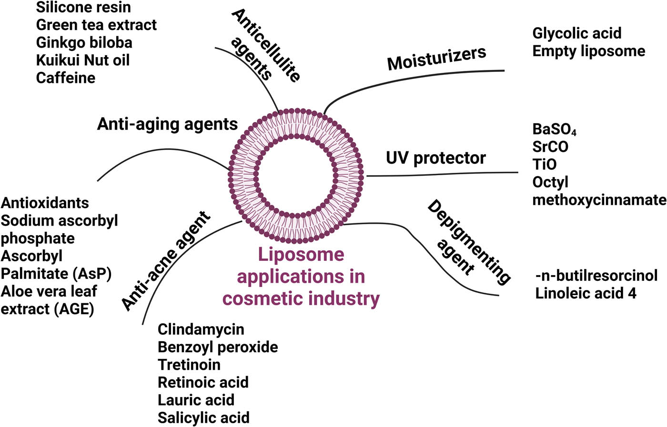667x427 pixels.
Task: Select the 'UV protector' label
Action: pos(435,158)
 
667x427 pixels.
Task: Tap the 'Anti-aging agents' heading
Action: pos(167,124)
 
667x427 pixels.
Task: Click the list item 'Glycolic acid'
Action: pos(576,33)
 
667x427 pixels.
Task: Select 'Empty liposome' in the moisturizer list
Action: pos(588,51)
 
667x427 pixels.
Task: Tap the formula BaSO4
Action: pos(554,129)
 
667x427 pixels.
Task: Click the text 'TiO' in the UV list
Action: pos(544,164)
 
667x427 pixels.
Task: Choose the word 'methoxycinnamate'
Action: pos(599,200)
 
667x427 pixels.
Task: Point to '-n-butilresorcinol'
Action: pos(596,276)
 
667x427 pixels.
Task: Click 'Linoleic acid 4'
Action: pos(586,293)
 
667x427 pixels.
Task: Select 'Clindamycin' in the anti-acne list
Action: pos(201,329)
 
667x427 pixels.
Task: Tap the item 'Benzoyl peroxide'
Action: pos(218,347)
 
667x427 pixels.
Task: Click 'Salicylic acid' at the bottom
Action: pos(203,418)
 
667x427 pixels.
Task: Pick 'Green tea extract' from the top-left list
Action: pos(96,25)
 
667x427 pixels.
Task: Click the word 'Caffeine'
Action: pos(66,78)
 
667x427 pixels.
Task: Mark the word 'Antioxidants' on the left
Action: pos(45,203)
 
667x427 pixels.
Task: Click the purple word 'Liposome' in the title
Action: pos(301,255)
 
